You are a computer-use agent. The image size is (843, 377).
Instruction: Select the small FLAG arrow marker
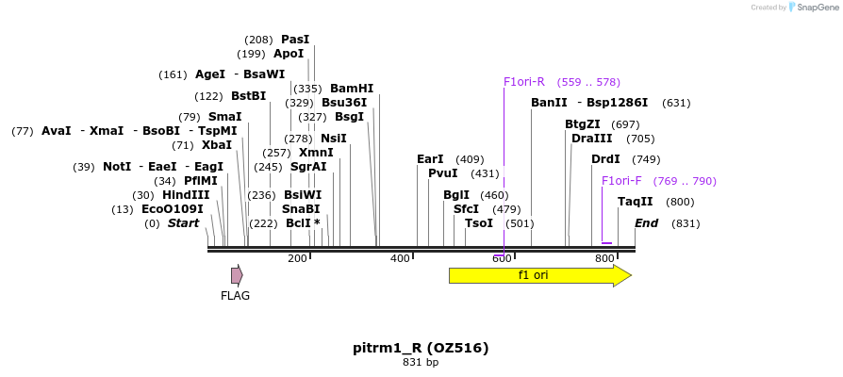coord(237,275)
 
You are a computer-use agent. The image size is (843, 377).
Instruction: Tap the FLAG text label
coord(235,296)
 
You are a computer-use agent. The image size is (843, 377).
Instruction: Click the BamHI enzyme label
coord(352,89)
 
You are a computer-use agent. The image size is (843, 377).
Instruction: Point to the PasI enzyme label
coord(295,40)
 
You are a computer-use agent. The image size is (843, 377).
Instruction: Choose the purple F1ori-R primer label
coord(524,82)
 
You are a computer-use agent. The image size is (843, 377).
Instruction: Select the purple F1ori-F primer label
coord(621,181)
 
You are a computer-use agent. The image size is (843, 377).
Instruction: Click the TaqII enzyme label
coord(635,202)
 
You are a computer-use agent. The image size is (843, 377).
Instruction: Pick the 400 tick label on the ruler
coord(400,258)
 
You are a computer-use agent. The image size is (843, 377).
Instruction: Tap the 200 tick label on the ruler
coord(297,258)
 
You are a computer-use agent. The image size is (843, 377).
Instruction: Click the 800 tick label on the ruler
coord(604,258)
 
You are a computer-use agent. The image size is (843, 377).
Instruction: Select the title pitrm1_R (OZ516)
coord(421,348)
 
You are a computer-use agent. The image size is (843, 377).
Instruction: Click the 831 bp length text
coord(421,362)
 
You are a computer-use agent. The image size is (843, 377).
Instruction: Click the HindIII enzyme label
coord(186,195)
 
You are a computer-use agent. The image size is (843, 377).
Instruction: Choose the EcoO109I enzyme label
coord(172,209)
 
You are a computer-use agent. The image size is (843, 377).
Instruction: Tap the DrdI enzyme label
coord(605,159)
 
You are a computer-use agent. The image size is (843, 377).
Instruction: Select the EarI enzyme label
coord(430,159)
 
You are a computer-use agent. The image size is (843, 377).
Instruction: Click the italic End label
coord(646,223)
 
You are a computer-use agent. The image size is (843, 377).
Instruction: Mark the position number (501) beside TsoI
coord(520,223)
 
